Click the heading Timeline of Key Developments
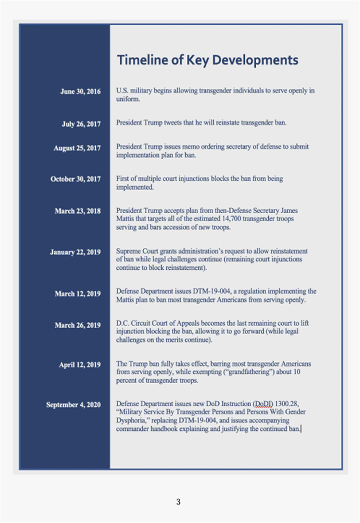point(207,60)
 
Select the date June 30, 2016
point(80,91)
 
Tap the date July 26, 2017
point(81,123)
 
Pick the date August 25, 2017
point(77,148)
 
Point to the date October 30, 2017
point(75,179)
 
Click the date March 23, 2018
point(77,211)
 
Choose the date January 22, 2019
point(75,251)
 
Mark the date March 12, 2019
point(77,294)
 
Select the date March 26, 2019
point(77,325)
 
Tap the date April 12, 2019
point(80,364)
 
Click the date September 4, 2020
point(73,405)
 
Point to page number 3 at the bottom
point(178,502)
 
